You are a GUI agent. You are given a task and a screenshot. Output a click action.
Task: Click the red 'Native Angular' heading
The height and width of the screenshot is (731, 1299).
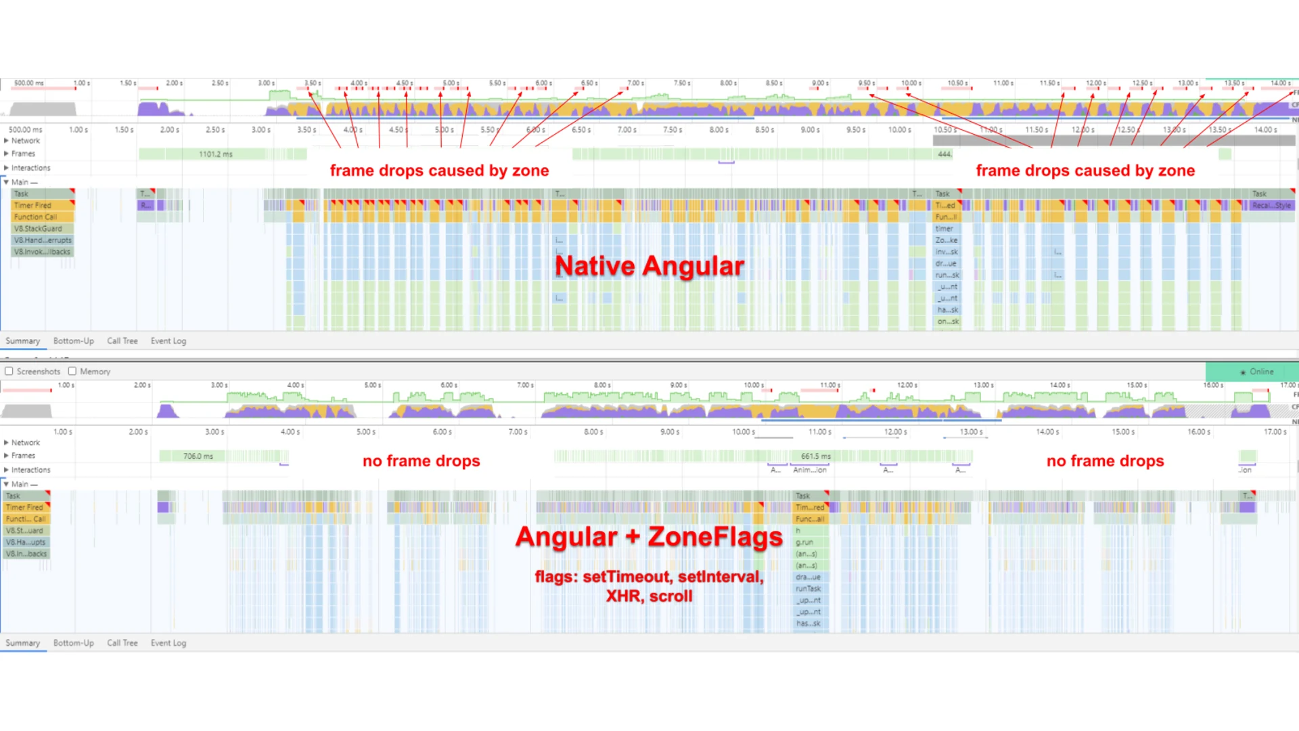[x=649, y=266]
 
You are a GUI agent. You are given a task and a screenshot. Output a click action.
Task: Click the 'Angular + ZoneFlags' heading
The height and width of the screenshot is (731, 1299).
[x=649, y=537]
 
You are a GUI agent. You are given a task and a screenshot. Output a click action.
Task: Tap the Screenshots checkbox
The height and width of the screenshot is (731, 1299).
[x=9, y=372]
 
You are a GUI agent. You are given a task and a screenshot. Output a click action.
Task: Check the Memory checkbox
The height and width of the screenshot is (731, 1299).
[x=72, y=372]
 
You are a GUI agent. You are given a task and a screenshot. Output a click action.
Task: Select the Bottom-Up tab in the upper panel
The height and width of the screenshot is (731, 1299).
[x=73, y=341]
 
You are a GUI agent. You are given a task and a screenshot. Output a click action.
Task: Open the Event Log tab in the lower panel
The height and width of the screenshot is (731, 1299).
[x=168, y=643]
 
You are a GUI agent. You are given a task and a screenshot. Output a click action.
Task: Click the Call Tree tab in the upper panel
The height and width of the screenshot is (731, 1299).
[x=122, y=341]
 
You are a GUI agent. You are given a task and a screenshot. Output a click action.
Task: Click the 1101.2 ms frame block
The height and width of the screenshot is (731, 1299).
[x=215, y=154]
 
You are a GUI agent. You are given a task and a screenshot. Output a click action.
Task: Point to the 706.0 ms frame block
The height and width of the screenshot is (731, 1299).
[x=198, y=456]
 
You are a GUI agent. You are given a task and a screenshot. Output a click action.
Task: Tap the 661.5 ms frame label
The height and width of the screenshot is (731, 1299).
[x=815, y=456]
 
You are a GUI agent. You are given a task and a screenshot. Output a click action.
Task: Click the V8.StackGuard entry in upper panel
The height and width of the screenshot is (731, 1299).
[x=38, y=229]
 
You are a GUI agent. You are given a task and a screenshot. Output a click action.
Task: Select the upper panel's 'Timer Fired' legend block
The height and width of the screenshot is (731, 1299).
[x=32, y=205]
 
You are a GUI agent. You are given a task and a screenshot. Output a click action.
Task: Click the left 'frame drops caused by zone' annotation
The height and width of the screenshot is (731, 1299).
[x=439, y=171]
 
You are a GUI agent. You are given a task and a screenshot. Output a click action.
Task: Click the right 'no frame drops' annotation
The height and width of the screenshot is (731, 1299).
[x=1105, y=461]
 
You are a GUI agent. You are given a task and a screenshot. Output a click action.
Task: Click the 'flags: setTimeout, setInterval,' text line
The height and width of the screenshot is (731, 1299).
[x=649, y=577]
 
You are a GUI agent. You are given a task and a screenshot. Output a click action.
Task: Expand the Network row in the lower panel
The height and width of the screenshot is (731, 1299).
[x=7, y=443]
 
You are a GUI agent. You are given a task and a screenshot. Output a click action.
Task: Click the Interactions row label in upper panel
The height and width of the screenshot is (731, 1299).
[x=30, y=168]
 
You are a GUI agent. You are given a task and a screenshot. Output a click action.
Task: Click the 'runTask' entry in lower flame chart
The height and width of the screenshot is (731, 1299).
[x=808, y=589]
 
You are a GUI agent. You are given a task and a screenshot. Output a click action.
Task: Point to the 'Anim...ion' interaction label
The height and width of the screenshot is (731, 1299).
[x=809, y=470]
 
